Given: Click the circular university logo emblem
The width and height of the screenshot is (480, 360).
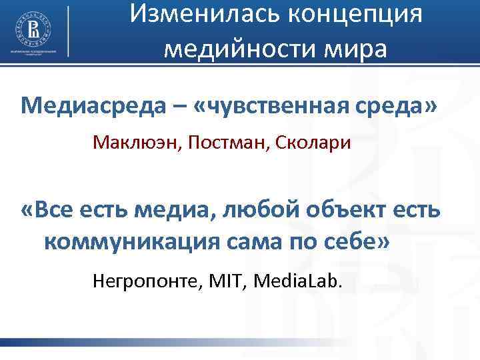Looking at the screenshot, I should point(33,27).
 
